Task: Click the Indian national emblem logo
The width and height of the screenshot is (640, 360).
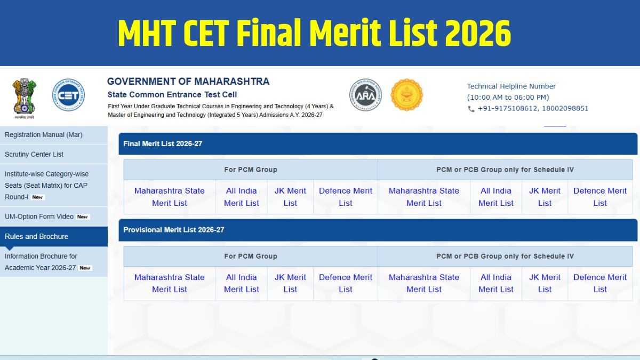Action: coord(25,98)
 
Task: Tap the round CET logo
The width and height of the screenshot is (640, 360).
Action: coord(68,95)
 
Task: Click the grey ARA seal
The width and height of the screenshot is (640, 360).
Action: coord(365,95)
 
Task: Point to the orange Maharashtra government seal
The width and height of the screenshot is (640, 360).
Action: coord(406,95)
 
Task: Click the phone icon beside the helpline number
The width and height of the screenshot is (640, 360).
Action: coord(471,109)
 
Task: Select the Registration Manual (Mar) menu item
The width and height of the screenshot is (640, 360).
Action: coord(43,134)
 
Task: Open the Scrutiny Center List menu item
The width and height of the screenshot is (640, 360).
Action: coord(34,154)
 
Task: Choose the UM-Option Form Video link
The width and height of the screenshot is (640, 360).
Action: coord(39,217)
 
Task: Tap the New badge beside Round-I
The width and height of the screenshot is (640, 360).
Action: coord(37,197)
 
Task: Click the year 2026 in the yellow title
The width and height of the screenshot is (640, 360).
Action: coord(478,33)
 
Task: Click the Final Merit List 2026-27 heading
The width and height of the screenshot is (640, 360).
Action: coord(163,143)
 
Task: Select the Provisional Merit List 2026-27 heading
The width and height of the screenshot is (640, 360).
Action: coord(174,230)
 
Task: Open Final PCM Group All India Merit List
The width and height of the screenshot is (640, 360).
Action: coord(242,197)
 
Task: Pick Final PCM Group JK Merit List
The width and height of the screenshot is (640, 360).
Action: coord(290,197)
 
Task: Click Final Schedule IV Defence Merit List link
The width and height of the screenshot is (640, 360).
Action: coord(600,197)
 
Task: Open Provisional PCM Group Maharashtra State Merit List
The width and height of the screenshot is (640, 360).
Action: coord(170,283)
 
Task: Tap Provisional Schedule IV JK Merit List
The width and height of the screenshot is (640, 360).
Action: coord(545,283)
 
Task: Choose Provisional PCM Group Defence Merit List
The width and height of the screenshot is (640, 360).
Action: coord(346,283)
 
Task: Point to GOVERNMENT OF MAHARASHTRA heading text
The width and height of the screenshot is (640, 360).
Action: coord(188,82)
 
